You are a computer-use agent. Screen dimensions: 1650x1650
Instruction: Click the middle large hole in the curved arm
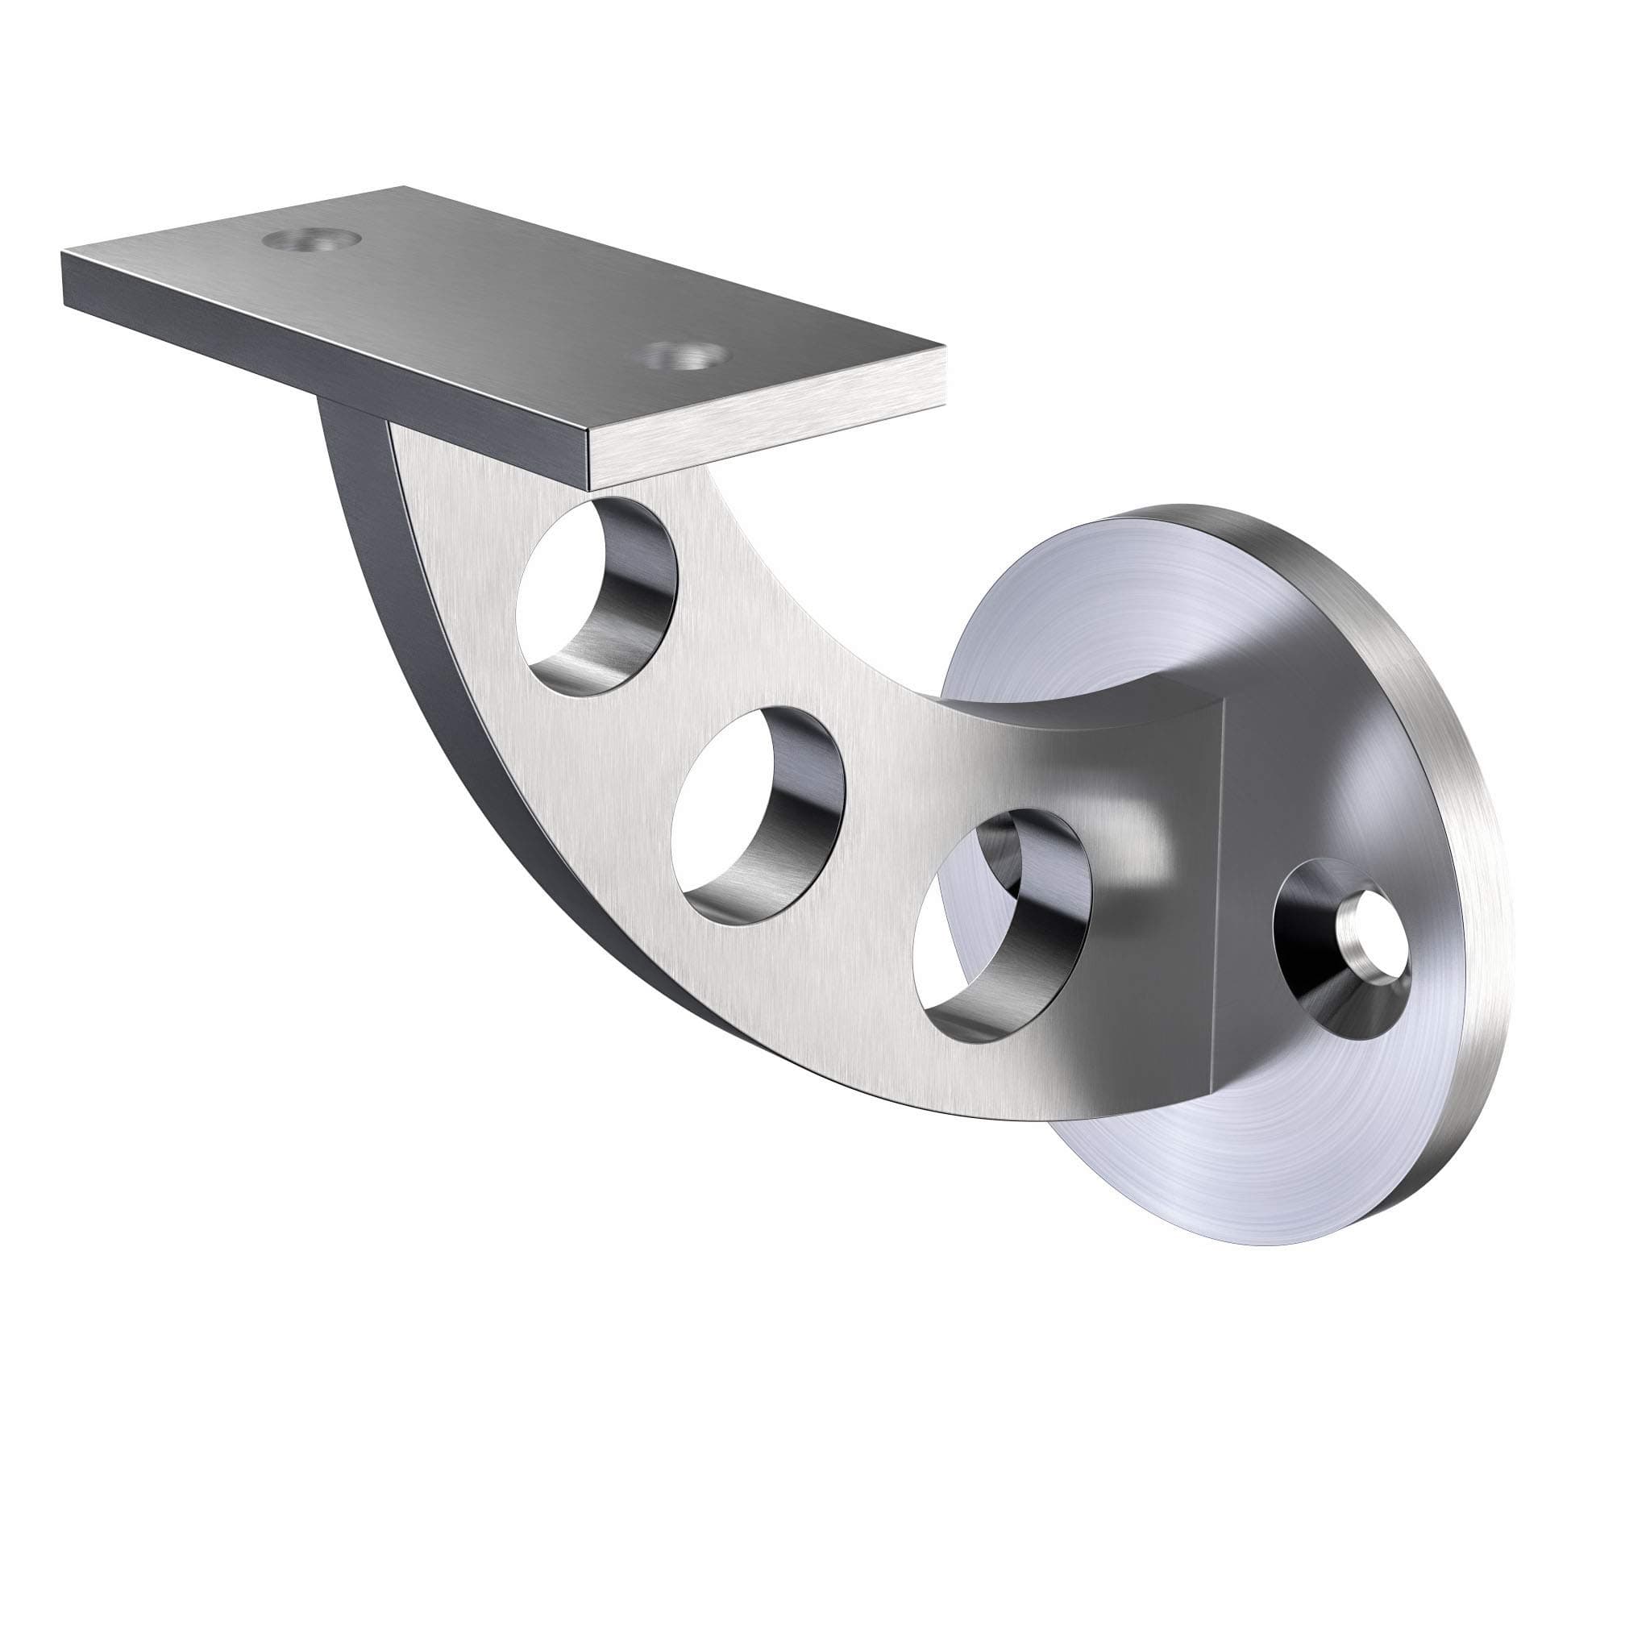tap(757, 817)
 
